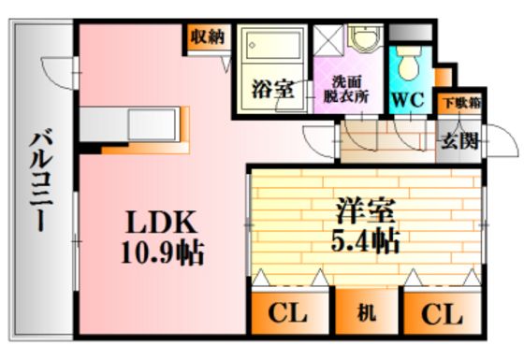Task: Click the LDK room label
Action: click(161, 223)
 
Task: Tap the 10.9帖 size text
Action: click(163, 252)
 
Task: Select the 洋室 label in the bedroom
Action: click(366, 210)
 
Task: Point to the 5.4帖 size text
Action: click(365, 240)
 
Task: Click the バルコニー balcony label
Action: click(41, 182)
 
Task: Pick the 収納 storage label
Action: click(208, 36)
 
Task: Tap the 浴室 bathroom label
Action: click(273, 89)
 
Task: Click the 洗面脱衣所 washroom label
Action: click(346, 90)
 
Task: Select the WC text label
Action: click(408, 99)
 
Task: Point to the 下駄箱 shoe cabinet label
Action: click(462, 103)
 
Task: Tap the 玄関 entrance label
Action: click(460, 141)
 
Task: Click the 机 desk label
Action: click(366, 313)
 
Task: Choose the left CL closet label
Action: click(288, 313)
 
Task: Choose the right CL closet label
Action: click(442, 314)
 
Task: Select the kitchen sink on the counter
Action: click(153, 124)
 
